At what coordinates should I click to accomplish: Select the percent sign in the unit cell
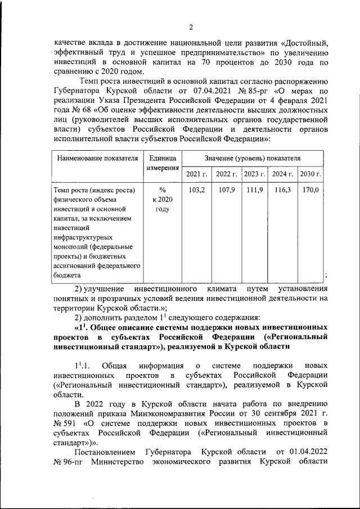click(x=163, y=190)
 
